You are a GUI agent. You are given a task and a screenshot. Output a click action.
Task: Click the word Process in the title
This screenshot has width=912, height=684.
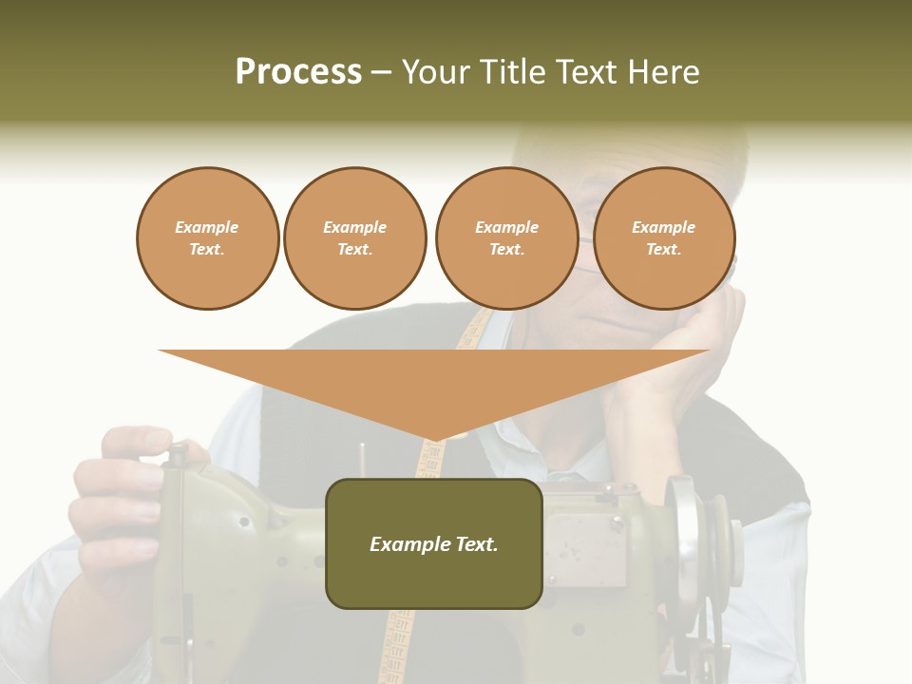click(298, 72)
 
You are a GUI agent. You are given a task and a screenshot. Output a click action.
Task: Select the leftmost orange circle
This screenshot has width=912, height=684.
click(207, 238)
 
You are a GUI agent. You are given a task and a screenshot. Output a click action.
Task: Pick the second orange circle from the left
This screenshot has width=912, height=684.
click(355, 238)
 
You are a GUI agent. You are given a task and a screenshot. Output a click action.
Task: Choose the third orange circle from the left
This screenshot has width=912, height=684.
click(506, 238)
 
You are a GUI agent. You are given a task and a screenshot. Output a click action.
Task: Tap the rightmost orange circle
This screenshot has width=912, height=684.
click(664, 238)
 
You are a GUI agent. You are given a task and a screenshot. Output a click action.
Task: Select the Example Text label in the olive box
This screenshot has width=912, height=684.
click(434, 544)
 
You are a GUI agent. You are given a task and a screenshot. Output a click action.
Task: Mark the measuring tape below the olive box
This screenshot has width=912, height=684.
click(399, 646)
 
